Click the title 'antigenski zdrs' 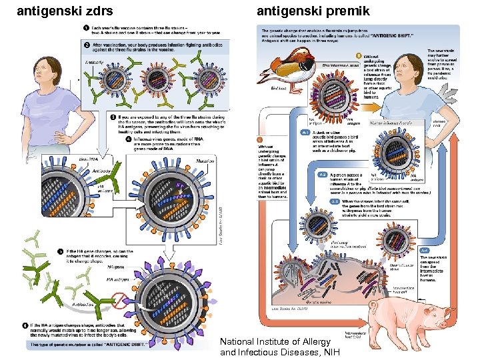point(64,11)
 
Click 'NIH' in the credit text point(331,352)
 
